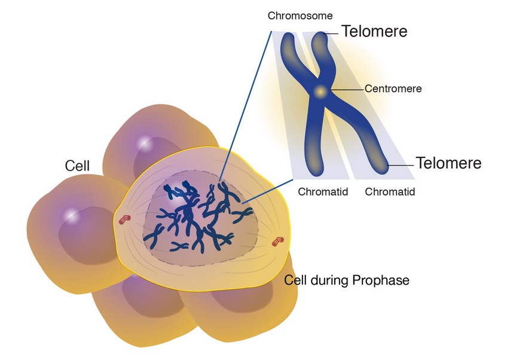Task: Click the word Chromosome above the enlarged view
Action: pyautogui.click(x=300, y=16)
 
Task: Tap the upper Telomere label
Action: pyautogui.click(x=374, y=32)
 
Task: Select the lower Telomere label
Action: pyautogui.click(x=448, y=163)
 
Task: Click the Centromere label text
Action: pyautogui.click(x=393, y=89)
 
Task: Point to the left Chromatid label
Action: pyautogui.click(x=323, y=191)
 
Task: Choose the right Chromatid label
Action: pyautogui.click(x=390, y=191)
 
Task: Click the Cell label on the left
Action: pyautogui.click(x=77, y=166)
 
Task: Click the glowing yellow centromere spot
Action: pyautogui.click(x=320, y=91)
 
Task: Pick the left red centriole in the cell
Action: pyautogui.click(x=124, y=219)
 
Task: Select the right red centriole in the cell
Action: pyautogui.click(x=278, y=242)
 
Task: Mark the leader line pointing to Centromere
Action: pyautogui.click(x=347, y=89)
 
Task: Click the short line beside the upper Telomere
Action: pyautogui.click(x=331, y=33)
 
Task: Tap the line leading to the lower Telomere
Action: pyautogui.click(x=401, y=165)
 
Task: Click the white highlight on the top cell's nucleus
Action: pyautogui.click(x=145, y=143)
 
